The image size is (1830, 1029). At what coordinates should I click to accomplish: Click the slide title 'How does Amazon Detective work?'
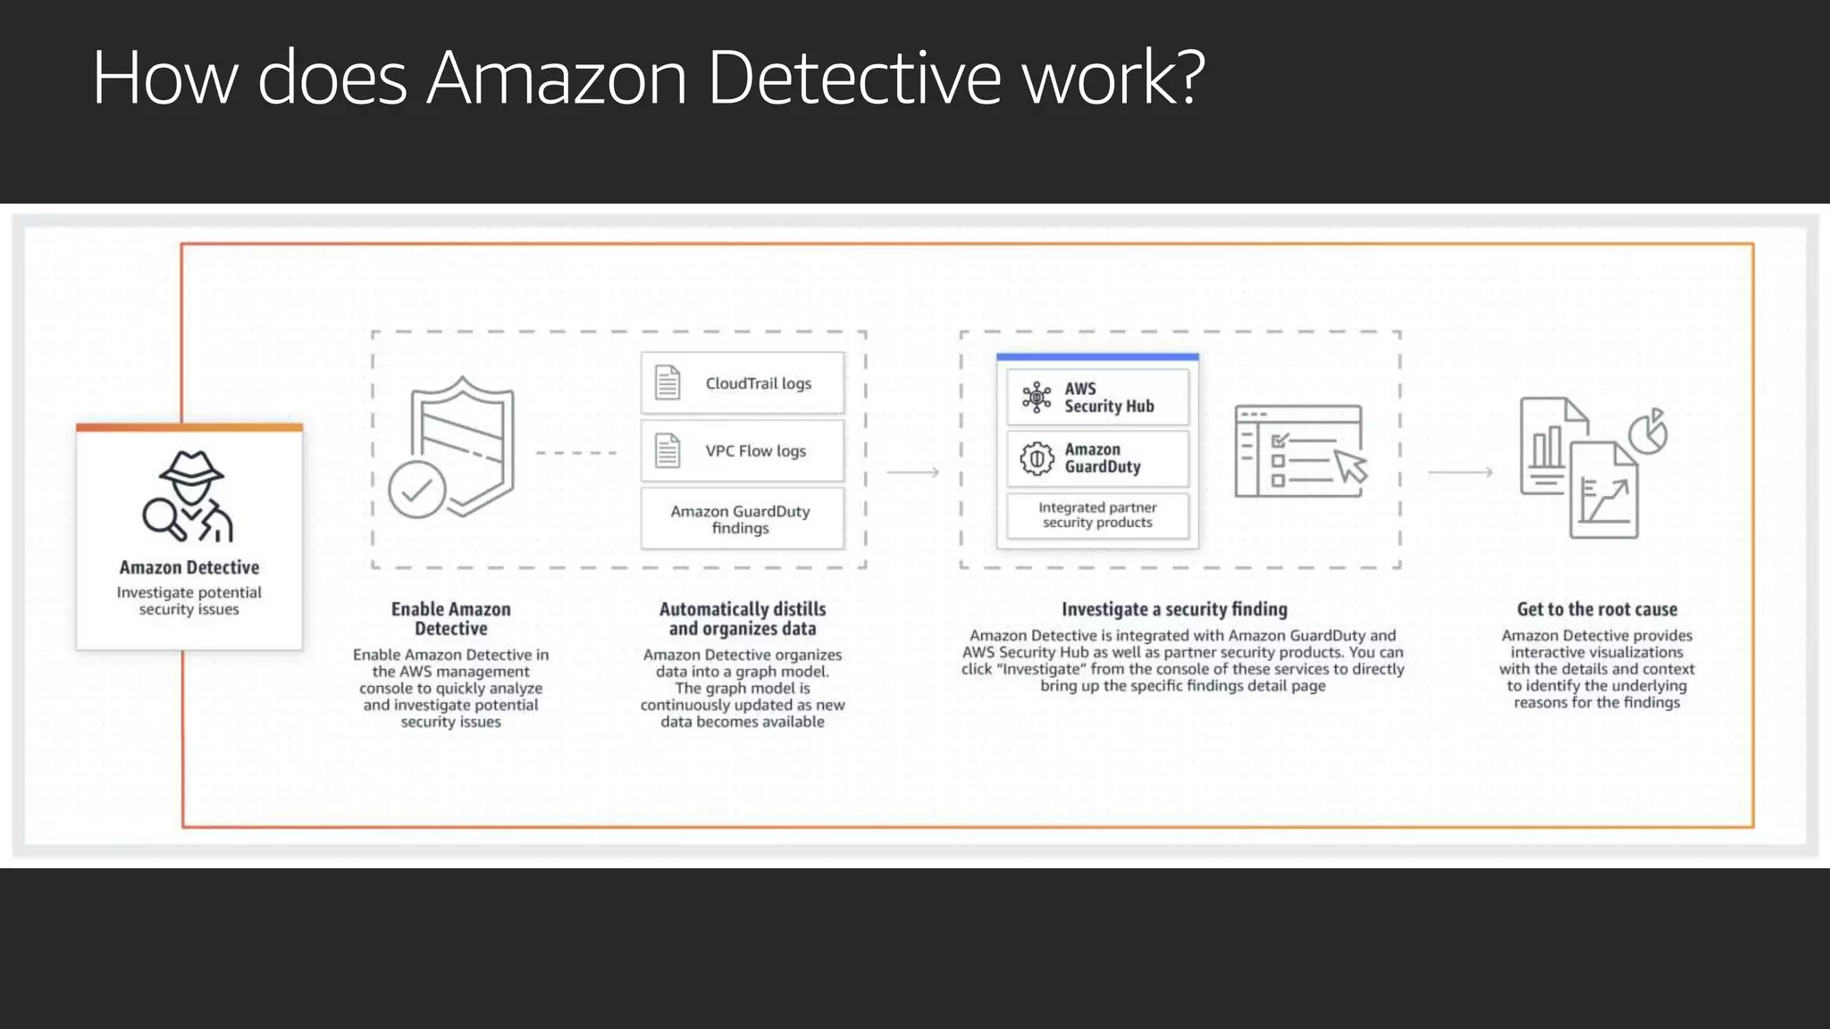click(x=649, y=78)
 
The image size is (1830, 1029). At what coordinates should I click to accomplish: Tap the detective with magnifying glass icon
click(x=189, y=497)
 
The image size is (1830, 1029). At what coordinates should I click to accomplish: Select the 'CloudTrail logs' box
click(x=742, y=383)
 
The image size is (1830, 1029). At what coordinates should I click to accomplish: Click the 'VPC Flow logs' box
click(x=742, y=451)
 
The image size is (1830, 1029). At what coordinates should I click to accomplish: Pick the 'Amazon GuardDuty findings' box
click(x=742, y=519)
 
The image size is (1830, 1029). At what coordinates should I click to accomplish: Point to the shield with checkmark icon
click(x=453, y=449)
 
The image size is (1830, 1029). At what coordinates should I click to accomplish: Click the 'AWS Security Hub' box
click(x=1097, y=397)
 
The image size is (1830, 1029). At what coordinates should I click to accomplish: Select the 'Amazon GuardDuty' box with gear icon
click(x=1097, y=458)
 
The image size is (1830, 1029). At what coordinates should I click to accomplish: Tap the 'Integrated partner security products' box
click(x=1097, y=515)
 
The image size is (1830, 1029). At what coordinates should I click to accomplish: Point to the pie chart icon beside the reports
click(x=1649, y=432)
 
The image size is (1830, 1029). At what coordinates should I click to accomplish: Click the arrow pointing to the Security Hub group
click(x=913, y=472)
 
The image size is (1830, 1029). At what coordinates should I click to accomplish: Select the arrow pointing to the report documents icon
click(x=1460, y=472)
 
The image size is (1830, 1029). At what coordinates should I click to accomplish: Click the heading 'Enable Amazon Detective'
click(x=451, y=618)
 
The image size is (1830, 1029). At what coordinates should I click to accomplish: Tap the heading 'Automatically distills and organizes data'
click(x=743, y=618)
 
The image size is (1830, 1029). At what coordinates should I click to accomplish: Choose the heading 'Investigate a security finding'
click(x=1174, y=609)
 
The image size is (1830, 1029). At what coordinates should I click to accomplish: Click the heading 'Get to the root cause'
click(x=1597, y=609)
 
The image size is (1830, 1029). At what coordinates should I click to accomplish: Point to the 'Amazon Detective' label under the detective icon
click(x=189, y=567)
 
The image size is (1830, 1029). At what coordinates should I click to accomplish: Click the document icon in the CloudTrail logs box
click(x=667, y=382)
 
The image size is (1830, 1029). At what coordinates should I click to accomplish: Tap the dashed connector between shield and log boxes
click(x=576, y=453)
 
